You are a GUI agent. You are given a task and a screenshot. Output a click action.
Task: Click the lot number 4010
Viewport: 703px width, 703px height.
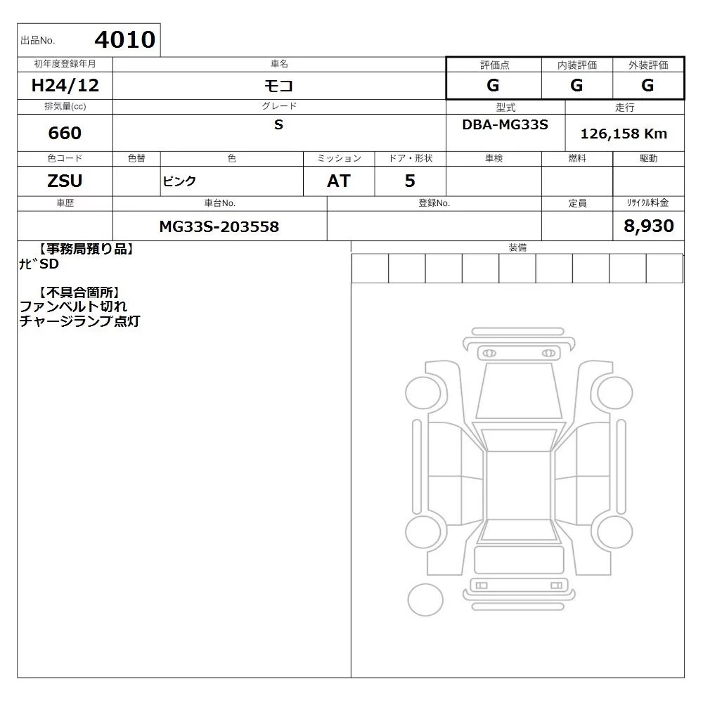point(125,40)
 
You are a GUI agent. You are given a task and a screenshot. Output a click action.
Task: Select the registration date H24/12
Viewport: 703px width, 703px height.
point(65,85)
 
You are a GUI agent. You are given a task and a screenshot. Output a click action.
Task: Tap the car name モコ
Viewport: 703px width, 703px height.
point(278,85)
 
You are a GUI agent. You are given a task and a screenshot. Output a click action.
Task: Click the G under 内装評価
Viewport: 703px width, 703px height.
point(576,85)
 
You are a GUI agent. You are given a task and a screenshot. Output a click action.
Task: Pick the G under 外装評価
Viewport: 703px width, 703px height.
point(647,85)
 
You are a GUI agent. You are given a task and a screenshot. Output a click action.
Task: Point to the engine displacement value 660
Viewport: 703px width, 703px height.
point(65,133)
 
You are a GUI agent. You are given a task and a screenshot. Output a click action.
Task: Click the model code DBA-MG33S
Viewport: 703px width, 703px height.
point(505,124)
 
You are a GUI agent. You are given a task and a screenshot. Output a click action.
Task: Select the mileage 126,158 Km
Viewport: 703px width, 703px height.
point(624,134)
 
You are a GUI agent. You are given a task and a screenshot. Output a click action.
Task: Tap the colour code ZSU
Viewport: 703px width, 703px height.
point(65,181)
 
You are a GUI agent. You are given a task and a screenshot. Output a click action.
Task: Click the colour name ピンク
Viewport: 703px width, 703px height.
point(179,181)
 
